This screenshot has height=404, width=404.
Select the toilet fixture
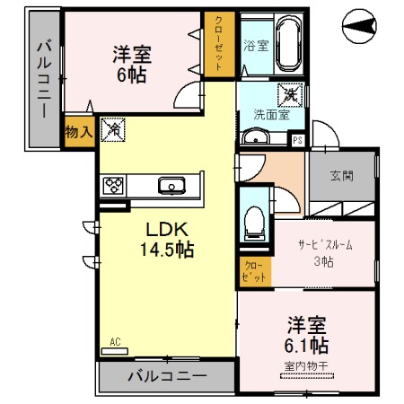click(254, 220)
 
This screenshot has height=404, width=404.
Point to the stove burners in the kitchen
click(115, 186)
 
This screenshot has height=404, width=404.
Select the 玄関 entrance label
click(340, 176)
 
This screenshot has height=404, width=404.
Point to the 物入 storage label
click(79, 132)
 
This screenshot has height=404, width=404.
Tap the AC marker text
click(115, 341)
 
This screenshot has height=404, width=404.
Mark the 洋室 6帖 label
click(131, 63)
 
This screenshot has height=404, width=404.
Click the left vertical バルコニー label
click(42, 80)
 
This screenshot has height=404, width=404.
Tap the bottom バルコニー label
click(166, 376)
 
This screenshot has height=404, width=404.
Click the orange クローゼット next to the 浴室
click(219, 42)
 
